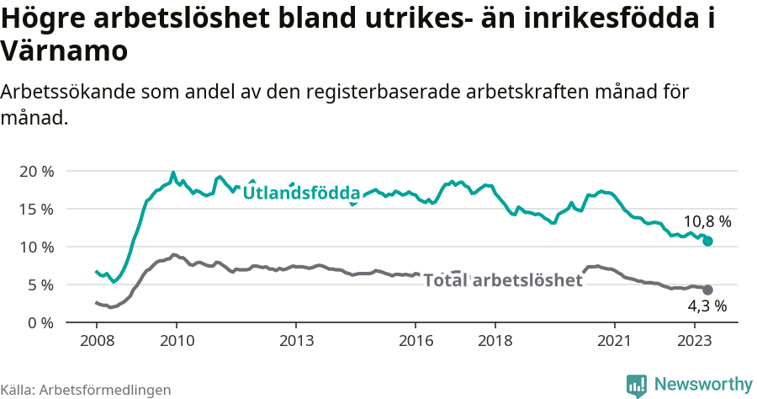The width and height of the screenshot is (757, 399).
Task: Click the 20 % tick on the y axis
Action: pos(36,171)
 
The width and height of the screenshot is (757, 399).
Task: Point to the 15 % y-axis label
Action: pos(36,209)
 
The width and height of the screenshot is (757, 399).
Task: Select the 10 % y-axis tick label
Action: pos(36,247)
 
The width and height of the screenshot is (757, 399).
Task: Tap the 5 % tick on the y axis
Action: pos(40,285)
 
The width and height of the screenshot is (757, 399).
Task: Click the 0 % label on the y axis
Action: pos(40,322)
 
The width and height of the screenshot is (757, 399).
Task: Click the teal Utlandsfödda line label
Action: pos(301,194)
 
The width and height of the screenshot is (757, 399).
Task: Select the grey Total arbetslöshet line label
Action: pos(502,280)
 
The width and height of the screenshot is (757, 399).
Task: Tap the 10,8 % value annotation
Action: pos(707,222)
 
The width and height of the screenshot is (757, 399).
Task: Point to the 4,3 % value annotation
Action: pos(707,306)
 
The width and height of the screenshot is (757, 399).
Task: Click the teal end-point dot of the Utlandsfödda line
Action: pos(708,241)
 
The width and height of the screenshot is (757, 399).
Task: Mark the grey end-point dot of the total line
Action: pos(708,290)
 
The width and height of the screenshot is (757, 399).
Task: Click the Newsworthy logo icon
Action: pos(637,385)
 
